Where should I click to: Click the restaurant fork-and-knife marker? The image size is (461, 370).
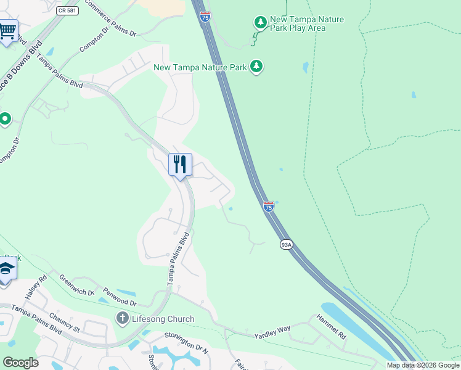pyautogui.click(x=180, y=165)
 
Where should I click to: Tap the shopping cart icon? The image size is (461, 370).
pyautogui.click(x=7, y=30)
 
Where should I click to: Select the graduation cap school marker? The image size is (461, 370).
pyautogui.click(x=6, y=269)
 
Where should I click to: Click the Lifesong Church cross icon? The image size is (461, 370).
pyautogui.click(x=122, y=319)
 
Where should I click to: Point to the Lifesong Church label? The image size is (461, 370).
pyautogui.click(x=162, y=319)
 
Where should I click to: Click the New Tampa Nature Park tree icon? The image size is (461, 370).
pyautogui.click(x=256, y=66)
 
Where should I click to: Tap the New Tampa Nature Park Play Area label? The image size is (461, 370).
pyautogui.click(x=307, y=23)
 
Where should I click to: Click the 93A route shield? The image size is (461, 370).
pyautogui.click(x=286, y=245)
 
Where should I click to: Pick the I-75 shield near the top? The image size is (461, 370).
pyautogui.click(x=205, y=17)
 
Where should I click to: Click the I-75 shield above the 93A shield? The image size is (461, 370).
pyautogui.click(x=269, y=207)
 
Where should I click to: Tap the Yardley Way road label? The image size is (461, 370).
pyautogui.click(x=272, y=332)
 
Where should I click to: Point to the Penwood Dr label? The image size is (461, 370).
pyautogui.click(x=120, y=297)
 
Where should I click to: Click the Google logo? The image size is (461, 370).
pyautogui.click(x=20, y=363)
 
